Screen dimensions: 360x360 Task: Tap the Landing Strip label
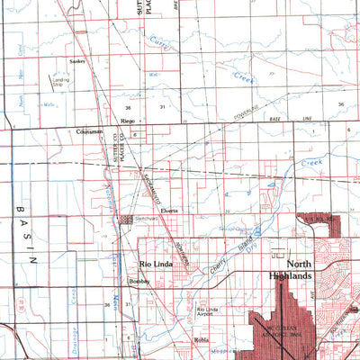[61, 84]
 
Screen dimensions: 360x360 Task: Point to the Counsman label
[91, 131]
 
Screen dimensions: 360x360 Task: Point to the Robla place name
[201, 340]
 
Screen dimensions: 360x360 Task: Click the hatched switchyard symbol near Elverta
[125, 219]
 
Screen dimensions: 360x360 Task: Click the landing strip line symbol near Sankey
[51, 78]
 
